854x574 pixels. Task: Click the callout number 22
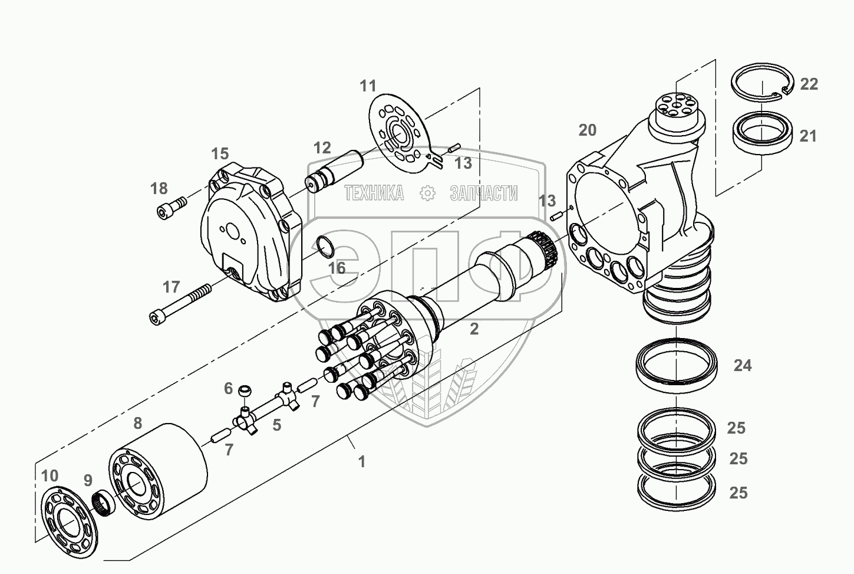click(809, 84)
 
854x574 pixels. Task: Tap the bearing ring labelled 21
click(761, 135)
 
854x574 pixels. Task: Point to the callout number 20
click(587, 130)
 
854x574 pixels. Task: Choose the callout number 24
click(743, 366)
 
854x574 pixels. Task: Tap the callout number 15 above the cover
click(220, 155)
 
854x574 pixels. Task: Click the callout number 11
click(368, 86)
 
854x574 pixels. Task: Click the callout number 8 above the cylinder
click(137, 423)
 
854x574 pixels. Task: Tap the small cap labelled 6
click(245, 391)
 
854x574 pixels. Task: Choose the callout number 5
click(276, 424)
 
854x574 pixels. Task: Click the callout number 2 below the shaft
click(474, 329)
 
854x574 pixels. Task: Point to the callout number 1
click(362, 462)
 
